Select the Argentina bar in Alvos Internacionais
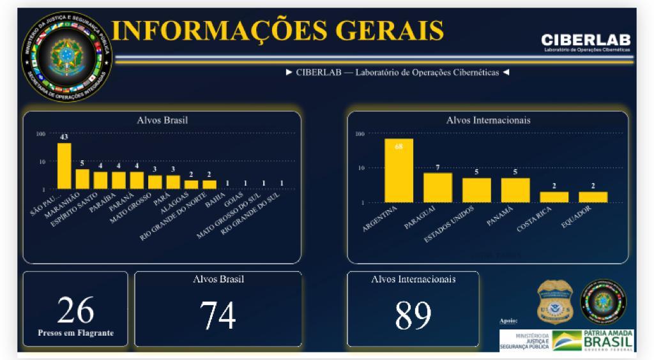[x=399, y=170]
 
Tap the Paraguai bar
[x=437, y=187]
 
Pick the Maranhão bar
[x=82, y=179]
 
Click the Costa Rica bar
[x=554, y=197]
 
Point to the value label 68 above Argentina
[x=399, y=146]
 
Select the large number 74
[x=218, y=315]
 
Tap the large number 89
[x=413, y=315]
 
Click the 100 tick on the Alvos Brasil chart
[x=41, y=133]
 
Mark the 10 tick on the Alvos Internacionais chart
[x=360, y=168]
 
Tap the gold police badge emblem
[x=555, y=302]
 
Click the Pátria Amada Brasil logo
[x=593, y=340]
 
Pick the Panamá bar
[x=515, y=190]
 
